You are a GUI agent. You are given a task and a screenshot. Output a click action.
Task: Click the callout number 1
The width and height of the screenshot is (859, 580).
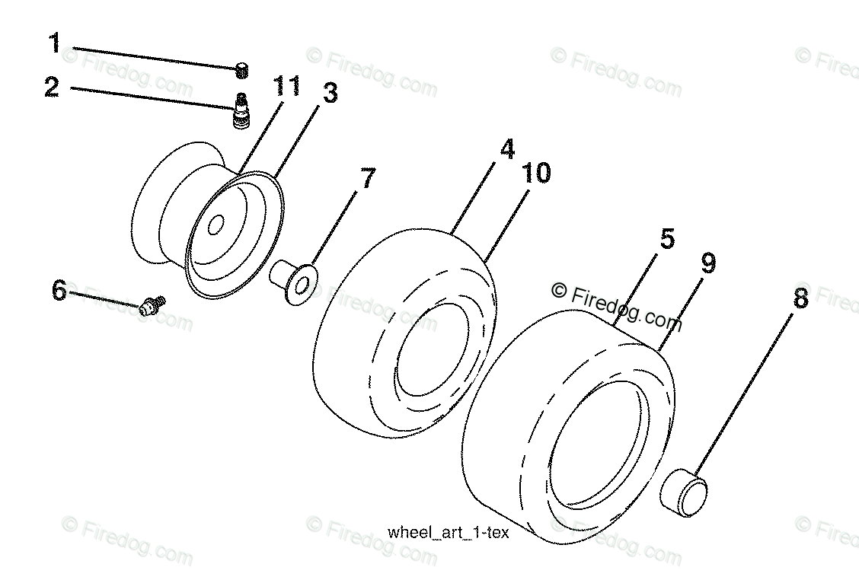pos(54,43)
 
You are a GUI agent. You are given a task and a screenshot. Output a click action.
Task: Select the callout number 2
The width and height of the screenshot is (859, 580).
pos(52,88)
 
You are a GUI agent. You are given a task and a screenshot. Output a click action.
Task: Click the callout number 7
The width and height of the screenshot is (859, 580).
pos(367,179)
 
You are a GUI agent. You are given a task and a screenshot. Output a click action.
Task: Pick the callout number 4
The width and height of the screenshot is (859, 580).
pos(506,148)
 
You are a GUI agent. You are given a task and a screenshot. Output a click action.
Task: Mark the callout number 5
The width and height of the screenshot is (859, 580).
pos(667,239)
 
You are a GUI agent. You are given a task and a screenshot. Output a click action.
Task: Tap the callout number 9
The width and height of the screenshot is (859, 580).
pos(708,264)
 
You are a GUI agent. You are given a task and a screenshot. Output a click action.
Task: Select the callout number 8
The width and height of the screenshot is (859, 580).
pos(800,298)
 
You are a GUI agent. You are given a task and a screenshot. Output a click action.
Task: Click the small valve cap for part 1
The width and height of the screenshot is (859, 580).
pos(242,71)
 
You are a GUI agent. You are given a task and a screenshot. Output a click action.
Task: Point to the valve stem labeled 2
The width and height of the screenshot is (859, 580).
pos(242,111)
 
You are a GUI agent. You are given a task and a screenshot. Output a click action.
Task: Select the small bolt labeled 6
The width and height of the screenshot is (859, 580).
pos(153,305)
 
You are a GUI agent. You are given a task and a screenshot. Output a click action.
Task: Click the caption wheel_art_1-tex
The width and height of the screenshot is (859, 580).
pos(447,533)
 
